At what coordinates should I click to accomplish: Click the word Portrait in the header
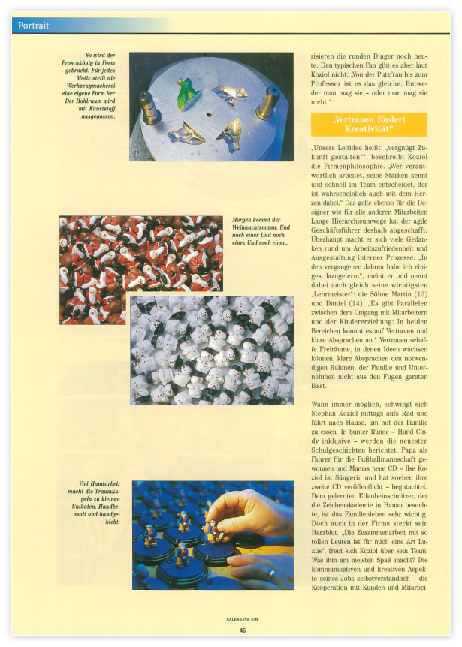click(x=33, y=26)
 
